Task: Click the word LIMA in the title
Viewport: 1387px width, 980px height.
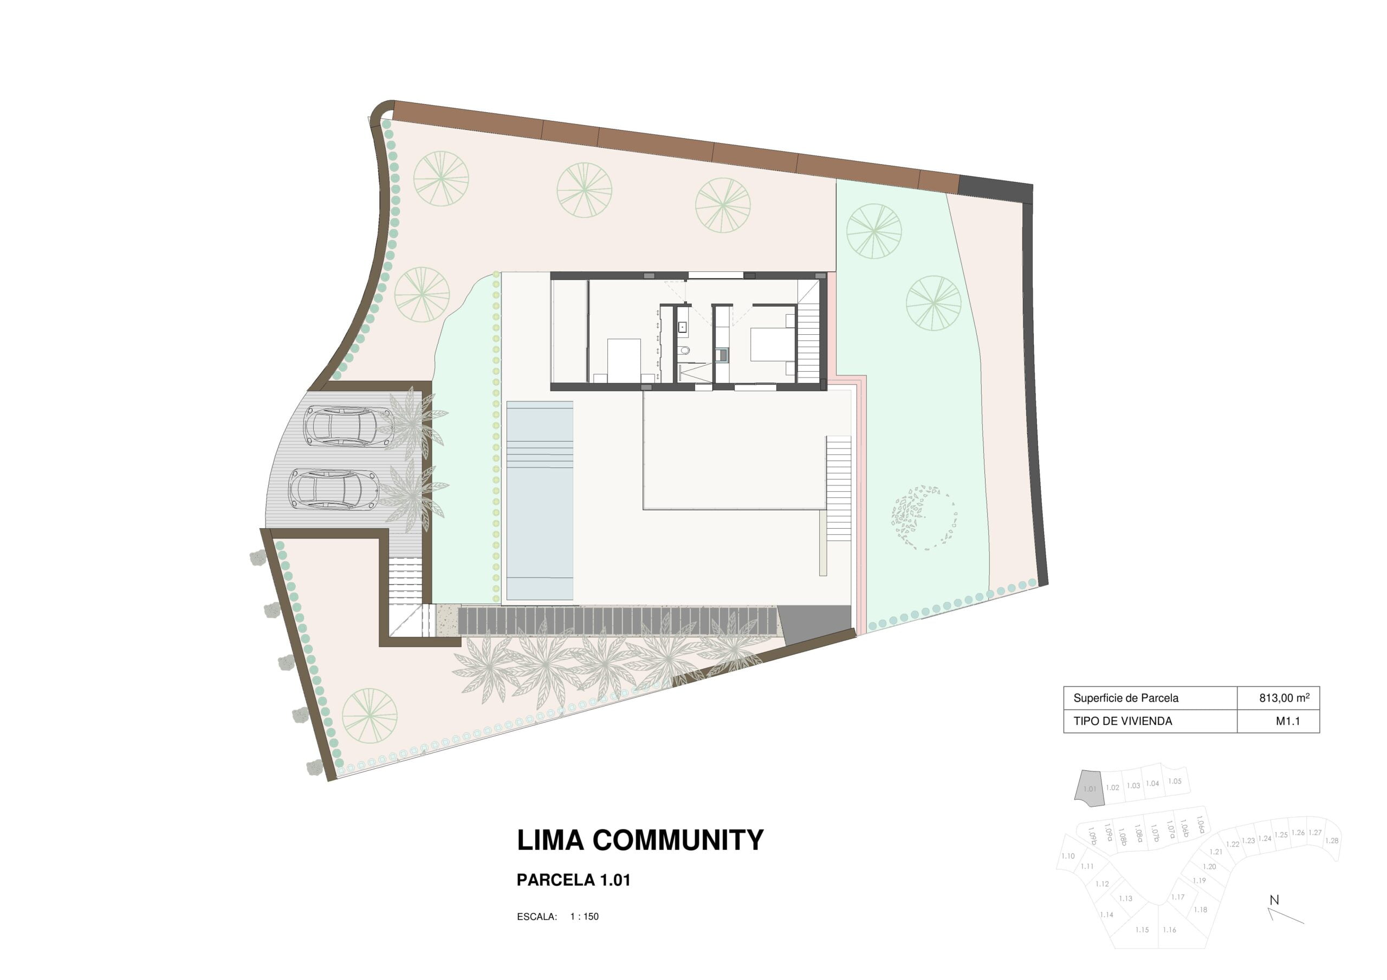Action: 550,840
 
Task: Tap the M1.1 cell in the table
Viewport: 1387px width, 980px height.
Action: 1287,721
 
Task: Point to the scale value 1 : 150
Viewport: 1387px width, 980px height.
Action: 584,917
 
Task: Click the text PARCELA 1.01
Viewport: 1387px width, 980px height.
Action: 573,880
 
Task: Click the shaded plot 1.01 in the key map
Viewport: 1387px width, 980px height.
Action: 1090,788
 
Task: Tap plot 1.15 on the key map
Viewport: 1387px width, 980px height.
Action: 1142,930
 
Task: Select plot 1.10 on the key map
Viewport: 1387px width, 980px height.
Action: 1068,855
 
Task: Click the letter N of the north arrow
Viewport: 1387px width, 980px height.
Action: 1275,900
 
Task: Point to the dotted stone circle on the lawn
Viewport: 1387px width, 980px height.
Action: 924,517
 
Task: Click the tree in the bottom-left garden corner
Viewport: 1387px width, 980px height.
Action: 370,716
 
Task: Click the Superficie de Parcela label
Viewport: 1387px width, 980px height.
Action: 1126,698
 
